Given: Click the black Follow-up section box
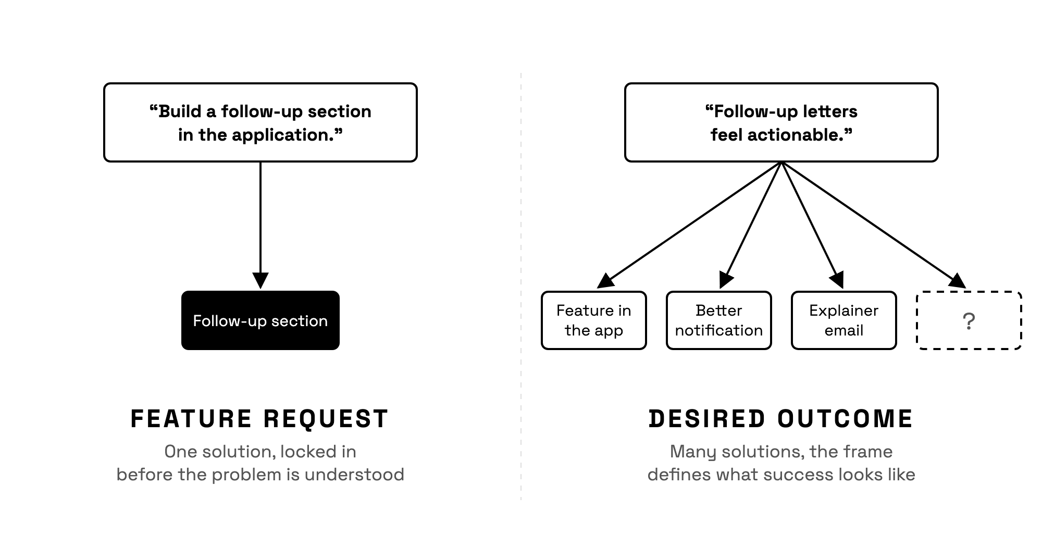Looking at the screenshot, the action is click(260, 320).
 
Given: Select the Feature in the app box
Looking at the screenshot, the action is click(594, 320).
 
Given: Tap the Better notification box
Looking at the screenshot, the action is click(719, 320).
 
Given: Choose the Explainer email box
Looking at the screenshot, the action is click(844, 320).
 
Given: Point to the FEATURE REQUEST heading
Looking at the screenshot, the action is click(259, 419).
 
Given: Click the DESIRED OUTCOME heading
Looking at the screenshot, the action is click(781, 419).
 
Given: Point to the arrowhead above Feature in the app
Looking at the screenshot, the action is click(605, 281).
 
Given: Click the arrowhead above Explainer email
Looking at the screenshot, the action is click(837, 280).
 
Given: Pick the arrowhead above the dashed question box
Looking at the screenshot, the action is click(958, 281).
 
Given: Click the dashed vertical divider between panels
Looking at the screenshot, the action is click(521, 287).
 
